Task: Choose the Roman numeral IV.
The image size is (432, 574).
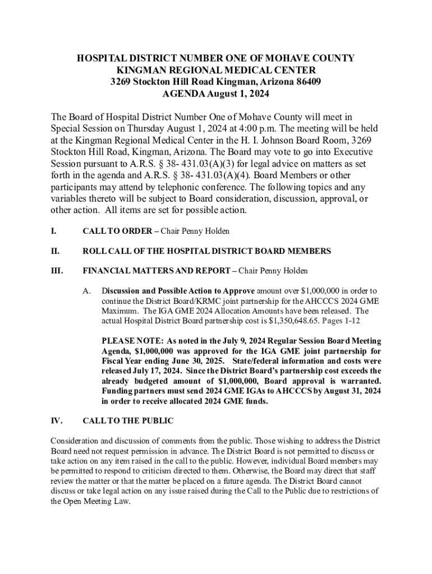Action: click(57, 420)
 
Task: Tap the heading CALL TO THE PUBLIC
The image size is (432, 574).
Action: click(128, 420)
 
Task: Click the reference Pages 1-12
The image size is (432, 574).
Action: click(341, 321)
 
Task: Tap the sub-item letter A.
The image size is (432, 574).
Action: click(86, 291)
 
